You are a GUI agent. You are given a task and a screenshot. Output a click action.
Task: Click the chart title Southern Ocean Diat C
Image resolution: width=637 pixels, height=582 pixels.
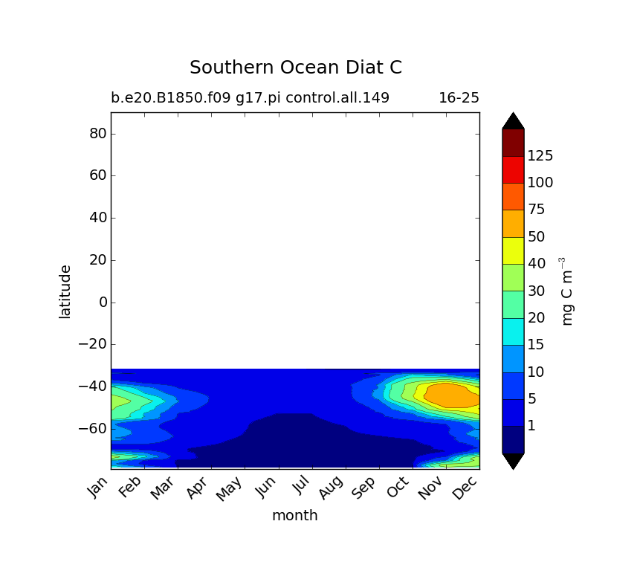point(295,68)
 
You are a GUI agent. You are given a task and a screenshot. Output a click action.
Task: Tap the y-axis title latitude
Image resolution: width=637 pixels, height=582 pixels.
point(65,291)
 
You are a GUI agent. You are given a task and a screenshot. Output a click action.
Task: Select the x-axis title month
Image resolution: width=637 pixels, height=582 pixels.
point(294,515)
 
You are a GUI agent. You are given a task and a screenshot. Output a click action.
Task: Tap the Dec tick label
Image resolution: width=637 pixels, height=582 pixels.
point(466,488)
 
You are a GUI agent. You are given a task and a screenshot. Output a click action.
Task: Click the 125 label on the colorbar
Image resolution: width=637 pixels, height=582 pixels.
point(540,155)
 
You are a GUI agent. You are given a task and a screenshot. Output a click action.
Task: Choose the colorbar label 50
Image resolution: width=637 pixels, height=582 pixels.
point(536,236)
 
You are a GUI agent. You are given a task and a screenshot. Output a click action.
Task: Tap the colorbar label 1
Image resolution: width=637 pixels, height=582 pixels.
point(531,426)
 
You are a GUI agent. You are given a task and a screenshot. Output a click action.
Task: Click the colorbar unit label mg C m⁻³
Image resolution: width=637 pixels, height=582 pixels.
point(568,291)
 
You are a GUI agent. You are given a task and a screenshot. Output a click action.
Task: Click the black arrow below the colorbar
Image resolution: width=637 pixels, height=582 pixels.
point(513,460)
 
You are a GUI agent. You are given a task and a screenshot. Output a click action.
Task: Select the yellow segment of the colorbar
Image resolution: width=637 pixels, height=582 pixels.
point(513,250)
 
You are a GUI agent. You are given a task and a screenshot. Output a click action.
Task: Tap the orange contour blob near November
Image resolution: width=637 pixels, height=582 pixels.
point(452,395)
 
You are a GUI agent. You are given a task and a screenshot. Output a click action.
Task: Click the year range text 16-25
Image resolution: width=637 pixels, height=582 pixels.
point(459,97)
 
